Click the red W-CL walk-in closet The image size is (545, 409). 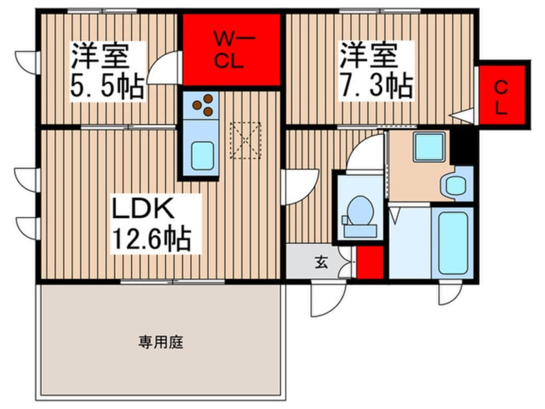(x=232, y=50)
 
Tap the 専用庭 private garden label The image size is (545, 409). (x=160, y=342)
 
